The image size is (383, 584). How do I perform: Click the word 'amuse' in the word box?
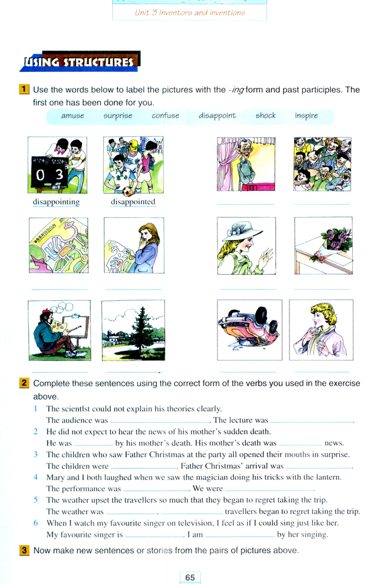click(72, 116)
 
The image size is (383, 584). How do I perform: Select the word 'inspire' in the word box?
click(306, 116)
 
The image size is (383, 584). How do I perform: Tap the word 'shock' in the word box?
click(265, 116)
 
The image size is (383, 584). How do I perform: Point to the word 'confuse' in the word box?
click(165, 116)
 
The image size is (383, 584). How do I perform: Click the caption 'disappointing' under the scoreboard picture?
click(57, 202)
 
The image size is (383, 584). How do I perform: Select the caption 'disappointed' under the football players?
click(133, 202)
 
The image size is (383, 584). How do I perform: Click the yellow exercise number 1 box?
click(24, 90)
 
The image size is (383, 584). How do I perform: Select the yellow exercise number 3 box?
click(24, 550)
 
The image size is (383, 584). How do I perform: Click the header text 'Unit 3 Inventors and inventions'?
click(189, 12)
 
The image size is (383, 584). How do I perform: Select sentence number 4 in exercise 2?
click(35, 477)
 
